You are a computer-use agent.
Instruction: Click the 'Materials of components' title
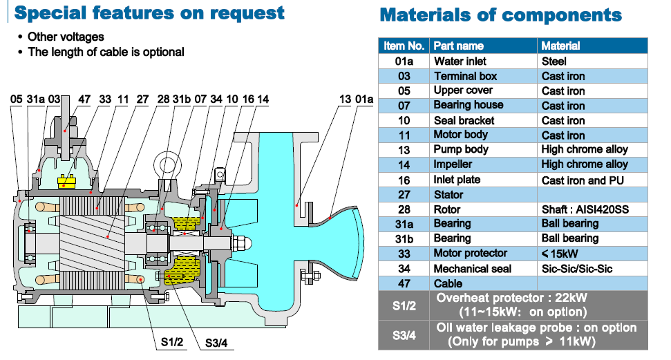click(500, 15)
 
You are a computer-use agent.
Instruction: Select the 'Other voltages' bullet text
click(66, 37)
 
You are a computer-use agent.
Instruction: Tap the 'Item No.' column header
click(404, 46)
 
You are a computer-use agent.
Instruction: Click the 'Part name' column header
click(458, 46)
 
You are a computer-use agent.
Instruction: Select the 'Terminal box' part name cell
click(464, 76)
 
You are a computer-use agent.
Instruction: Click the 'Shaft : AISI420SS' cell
click(584, 209)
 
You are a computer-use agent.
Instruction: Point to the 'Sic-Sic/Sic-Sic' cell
click(577, 269)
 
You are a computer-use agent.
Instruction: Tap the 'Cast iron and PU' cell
click(583, 180)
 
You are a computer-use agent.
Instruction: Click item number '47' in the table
click(404, 284)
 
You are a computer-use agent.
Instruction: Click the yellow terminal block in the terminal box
click(67, 182)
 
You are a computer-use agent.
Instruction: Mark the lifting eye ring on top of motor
click(167, 164)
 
